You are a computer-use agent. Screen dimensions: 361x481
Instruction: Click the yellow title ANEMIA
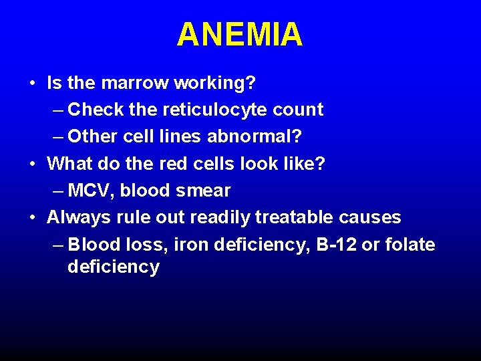[240, 35]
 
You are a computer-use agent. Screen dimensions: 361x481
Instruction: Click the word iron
[190, 245]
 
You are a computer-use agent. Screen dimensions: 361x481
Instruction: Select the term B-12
[337, 245]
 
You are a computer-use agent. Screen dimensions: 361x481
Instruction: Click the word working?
[215, 83]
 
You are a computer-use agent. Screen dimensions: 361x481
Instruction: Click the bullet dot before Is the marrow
[32, 84]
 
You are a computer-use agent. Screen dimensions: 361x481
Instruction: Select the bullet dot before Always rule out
[32, 218]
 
